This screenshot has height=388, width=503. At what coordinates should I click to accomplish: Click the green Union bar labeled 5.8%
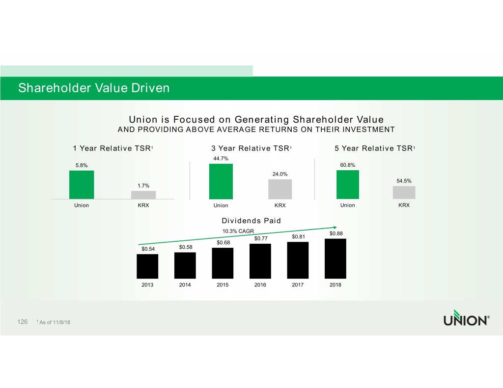pos(82,184)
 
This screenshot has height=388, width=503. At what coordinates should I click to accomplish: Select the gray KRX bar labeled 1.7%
pos(143,195)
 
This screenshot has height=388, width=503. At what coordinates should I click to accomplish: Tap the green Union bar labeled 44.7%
pos(222,181)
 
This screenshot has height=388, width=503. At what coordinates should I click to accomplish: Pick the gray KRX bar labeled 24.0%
pos(280,189)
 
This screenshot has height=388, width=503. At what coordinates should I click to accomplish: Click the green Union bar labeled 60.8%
pos(347,184)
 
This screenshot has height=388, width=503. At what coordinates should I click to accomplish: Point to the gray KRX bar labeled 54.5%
pos(404,192)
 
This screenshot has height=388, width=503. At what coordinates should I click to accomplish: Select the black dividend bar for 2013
pos(147,266)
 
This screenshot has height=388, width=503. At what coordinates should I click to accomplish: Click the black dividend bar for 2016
pos(260,261)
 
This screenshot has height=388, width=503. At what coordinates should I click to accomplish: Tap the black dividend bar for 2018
pos(335,259)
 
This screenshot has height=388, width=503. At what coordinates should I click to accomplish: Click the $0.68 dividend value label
pos(223,242)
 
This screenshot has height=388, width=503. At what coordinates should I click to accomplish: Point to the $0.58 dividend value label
pos(186,247)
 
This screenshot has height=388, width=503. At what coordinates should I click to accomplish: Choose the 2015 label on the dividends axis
pos(223,285)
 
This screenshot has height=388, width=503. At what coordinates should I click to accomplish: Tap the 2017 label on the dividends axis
pos(298,285)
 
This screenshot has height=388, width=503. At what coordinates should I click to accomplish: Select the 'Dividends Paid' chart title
pos(251,221)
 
